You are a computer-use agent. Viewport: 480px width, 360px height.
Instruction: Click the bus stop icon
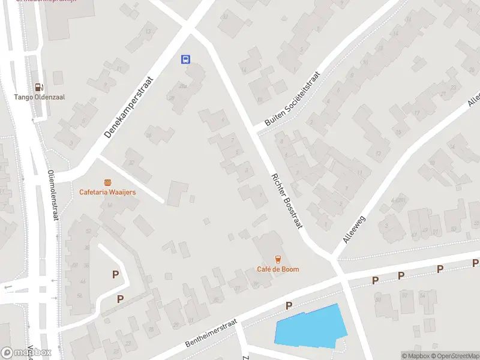click(x=186, y=59)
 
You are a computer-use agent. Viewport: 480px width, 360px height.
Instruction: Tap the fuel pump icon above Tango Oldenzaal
click(x=39, y=87)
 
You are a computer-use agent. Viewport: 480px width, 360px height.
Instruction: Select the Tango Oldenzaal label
click(x=40, y=97)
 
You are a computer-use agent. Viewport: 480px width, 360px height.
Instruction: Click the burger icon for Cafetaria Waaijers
click(x=108, y=182)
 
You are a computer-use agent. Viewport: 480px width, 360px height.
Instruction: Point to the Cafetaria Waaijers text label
click(x=108, y=192)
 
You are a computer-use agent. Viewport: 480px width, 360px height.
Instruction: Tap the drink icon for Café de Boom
click(x=278, y=259)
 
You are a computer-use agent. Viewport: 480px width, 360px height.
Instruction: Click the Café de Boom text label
click(x=278, y=269)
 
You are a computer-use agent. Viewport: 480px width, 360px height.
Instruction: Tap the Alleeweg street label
click(x=354, y=222)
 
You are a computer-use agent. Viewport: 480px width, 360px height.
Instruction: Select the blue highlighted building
click(x=310, y=326)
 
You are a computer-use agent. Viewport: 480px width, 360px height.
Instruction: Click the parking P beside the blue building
click(x=289, y=306)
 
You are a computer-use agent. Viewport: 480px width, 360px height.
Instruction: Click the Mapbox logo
click(x=26, y=352)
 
